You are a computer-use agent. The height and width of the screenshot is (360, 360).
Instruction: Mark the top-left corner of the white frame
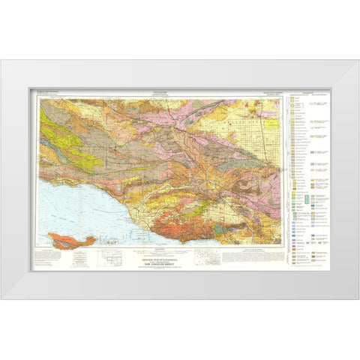(x=2, y=61)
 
